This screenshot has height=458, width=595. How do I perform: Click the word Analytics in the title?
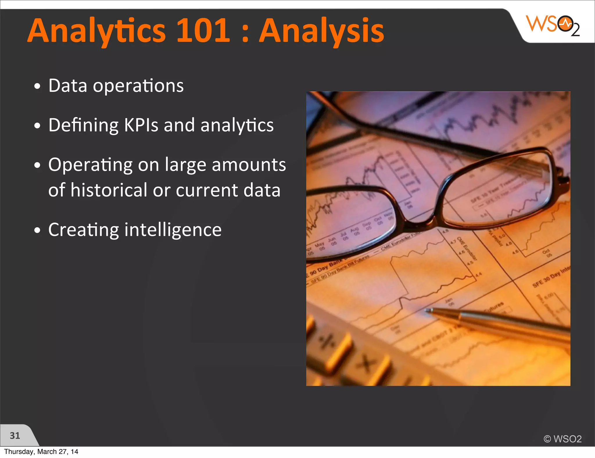pyautogui.click(x=96, y=31)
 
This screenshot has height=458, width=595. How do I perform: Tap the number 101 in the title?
pyautogui.click(x=203, y=30)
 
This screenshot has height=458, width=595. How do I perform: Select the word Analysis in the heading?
pyautogui.click(x=321, y=31)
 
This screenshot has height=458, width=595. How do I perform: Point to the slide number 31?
pyautogui.click(x=15, y=435)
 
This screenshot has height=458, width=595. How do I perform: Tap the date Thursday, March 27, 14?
pyautogui.click(x=41, y=452)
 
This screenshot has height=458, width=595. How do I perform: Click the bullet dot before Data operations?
pyautogui.click(x=37, y=86)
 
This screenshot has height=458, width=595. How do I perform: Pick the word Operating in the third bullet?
pyautogui.click(x=90, y=165)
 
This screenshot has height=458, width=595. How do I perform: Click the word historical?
pyautogui.click(x=109, y=190)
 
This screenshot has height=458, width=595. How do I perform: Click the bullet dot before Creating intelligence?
pyautogui.click(x=37, y=230)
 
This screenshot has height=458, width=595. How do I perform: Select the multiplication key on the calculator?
pyautogui.click(x=366, y=364)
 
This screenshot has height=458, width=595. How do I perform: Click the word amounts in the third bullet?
pyautogui.click(x=249, y=165)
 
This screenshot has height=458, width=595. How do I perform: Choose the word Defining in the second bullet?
pyautogui.click(x=83, y=125)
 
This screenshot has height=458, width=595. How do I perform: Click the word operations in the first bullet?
pyautogui.click(x=138, y=86)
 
